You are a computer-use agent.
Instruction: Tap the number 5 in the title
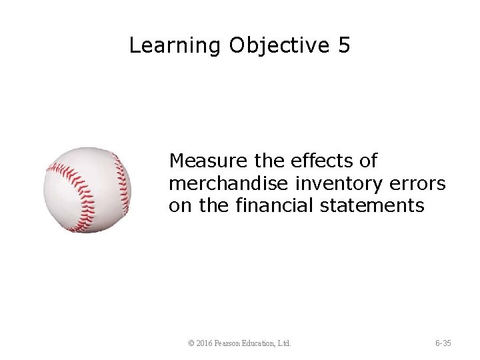pos(344,45)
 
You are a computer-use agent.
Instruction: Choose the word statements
pos(373,205)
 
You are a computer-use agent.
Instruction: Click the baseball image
pos(87,190)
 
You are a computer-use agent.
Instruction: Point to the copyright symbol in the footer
pos(191,343)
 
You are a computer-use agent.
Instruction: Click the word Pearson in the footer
pos(231,343)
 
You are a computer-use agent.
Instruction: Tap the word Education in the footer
pos(265,343)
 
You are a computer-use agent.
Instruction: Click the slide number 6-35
pos(443,343)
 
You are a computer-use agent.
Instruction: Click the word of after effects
pos(367,161)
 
